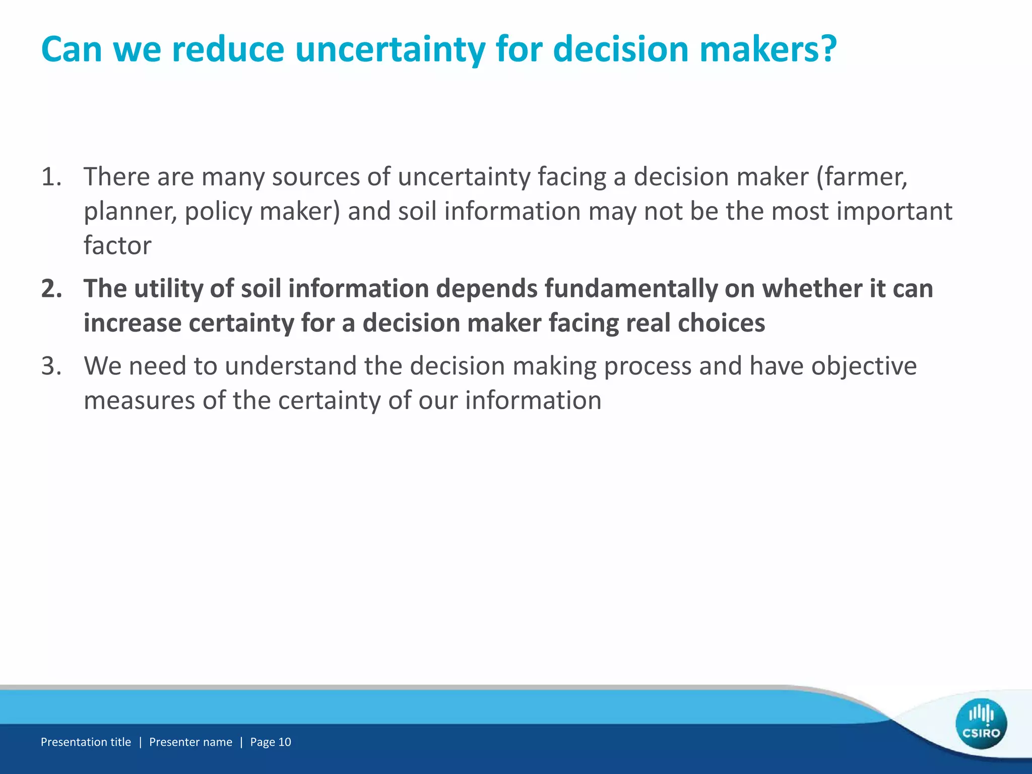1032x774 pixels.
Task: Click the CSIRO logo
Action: pos(981,724)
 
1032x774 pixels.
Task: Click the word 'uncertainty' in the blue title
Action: pos(390,49)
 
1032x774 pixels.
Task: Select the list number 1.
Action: pos(51,177)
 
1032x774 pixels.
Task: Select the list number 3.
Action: pos(51,366)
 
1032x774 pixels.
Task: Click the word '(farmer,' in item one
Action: pos(862,177)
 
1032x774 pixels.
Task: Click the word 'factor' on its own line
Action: pos(117,245)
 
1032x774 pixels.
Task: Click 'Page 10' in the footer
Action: pos(271,742)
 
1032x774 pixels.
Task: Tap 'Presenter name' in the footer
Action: pos(190,742)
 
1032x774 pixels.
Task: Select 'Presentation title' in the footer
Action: pos(86,742)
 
